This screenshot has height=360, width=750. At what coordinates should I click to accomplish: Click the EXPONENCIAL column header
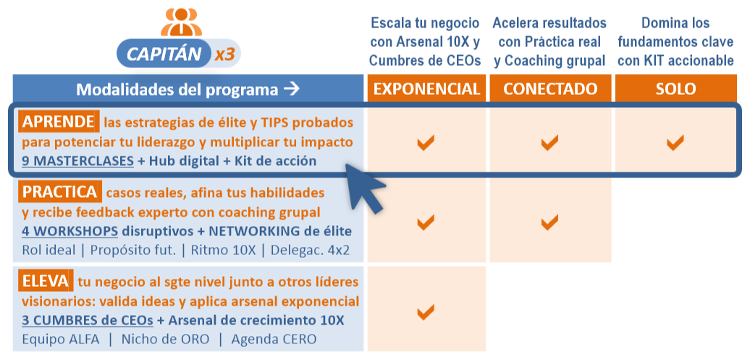[426, 89]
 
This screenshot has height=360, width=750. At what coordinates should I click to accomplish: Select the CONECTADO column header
[550, 89]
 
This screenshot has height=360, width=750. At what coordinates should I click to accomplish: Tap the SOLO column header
[675, 89]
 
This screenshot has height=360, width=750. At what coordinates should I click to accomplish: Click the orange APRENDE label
[58, 122]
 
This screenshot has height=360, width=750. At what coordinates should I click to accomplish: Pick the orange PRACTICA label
[59, 193]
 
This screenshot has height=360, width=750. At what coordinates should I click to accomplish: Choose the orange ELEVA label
[46, 281]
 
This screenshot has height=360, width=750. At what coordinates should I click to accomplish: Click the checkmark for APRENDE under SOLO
[675, 143]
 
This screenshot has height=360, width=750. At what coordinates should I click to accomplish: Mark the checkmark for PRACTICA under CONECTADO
[550, 220]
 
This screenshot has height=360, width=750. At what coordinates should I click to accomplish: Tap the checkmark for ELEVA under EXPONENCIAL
[426, 312]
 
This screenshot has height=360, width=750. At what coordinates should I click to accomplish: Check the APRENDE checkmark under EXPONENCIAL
[426, 143]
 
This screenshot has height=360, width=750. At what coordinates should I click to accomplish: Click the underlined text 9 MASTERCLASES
[77, 161]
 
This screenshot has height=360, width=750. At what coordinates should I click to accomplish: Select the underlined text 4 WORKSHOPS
[69, 232]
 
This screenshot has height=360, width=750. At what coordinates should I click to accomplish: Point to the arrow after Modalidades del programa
[291, 90]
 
